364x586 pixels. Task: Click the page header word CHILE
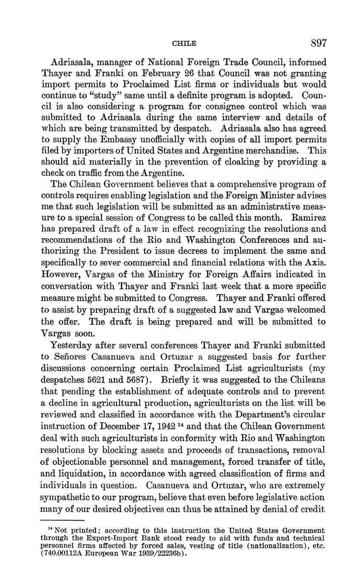(184, 43)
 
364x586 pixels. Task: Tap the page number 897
(318, 43)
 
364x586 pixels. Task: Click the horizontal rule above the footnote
(63, 520)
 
